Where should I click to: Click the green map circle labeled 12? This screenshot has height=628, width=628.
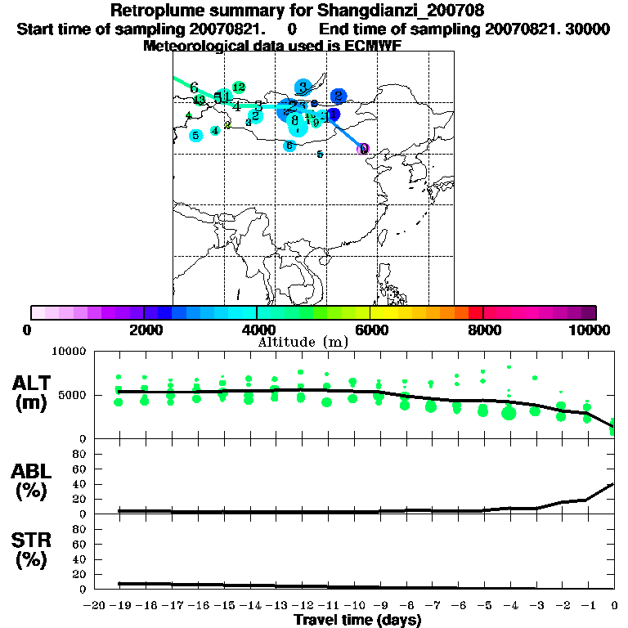pos(239,87)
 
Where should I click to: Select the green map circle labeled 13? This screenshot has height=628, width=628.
pos(199,100)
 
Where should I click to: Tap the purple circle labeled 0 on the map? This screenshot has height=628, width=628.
pos(364,149)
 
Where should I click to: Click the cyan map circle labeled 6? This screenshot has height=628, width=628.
pos(289,146)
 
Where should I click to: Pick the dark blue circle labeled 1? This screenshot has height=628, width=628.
pos(334,114)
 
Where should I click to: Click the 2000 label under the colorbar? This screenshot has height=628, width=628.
pos(144,330)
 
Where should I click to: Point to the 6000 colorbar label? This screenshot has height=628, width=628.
pos(370,330)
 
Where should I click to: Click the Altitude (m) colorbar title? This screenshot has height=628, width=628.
pos(303,342)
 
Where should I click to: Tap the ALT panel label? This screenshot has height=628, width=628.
pos(32,383)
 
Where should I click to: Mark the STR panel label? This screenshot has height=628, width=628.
pos(31,540)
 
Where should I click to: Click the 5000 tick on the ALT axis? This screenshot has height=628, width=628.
pos(74,395)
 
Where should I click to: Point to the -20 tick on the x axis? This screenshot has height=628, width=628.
pos(96,605)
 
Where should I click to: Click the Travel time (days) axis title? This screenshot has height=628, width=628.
pos(357,620)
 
